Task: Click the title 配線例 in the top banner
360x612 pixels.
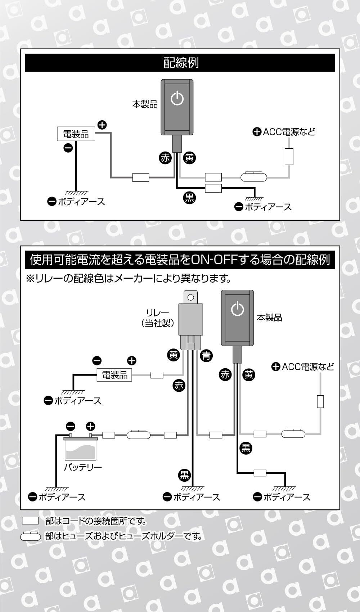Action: (x=181, y=63)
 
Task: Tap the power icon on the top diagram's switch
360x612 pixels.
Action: (x=177, y=98)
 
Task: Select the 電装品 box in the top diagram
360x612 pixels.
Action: (x=76, y=134)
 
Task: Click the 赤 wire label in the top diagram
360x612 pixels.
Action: (x=165, y=158)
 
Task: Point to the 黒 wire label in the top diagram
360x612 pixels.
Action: (x=189, y=197)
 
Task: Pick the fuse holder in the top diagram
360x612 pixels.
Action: (x=254, y=177)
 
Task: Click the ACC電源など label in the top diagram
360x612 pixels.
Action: (x=284, y=132)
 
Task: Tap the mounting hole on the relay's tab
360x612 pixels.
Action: (x=191, y=297)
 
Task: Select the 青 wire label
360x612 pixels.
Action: (x=206, y=356)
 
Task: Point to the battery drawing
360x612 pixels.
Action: (x=80, y=448)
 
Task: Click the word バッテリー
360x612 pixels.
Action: (x=83, y=467)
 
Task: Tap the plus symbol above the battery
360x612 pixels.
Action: (x=90, y=427)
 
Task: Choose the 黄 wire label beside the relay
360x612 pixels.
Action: (x=174, y=355)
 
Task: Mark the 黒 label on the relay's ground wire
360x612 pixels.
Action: (x=184, y=475)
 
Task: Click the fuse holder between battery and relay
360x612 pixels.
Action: (x=139, y=435)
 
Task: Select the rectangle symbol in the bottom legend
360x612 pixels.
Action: (x=30, y=521)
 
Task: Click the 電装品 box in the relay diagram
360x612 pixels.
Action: (x=114, y=375)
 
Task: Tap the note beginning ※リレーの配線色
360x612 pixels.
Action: (x=128, y=278)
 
